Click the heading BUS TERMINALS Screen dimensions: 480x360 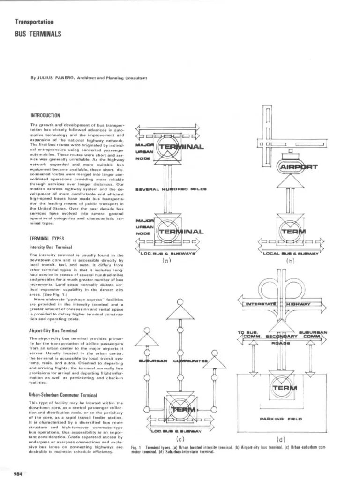37,34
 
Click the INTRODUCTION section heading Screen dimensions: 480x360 45,115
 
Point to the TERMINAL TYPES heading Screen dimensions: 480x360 47,238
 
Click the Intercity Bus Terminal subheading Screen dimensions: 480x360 50,246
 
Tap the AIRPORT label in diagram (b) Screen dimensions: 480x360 299,167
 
